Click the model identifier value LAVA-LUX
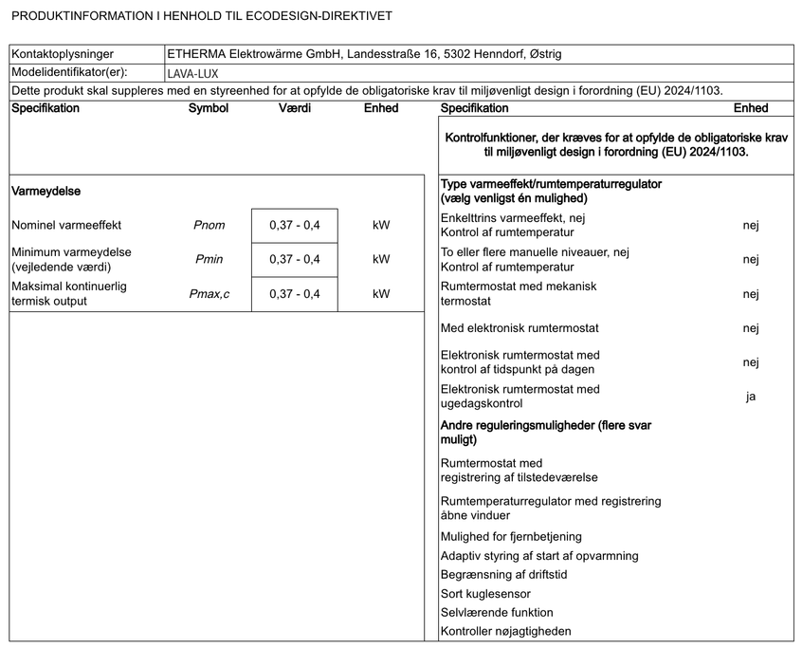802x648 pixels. point(194,72)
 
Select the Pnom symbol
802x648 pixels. point(209,226)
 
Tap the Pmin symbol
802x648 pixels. point(209,259)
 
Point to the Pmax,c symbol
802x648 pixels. point(209,293)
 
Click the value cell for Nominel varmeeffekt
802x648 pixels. point(295,226)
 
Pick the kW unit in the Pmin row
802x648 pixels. point(381,259)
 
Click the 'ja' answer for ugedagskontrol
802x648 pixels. point(750,397)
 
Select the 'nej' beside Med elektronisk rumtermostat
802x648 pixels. point(750,328)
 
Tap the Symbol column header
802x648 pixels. point(209,108)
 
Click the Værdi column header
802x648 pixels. point(295,108)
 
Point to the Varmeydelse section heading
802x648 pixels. point(46,191)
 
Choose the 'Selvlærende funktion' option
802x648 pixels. point(497,612)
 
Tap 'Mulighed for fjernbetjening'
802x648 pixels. point(511,536)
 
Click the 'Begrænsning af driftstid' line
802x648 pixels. point(504,574)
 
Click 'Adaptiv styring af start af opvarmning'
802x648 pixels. point(539,555)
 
